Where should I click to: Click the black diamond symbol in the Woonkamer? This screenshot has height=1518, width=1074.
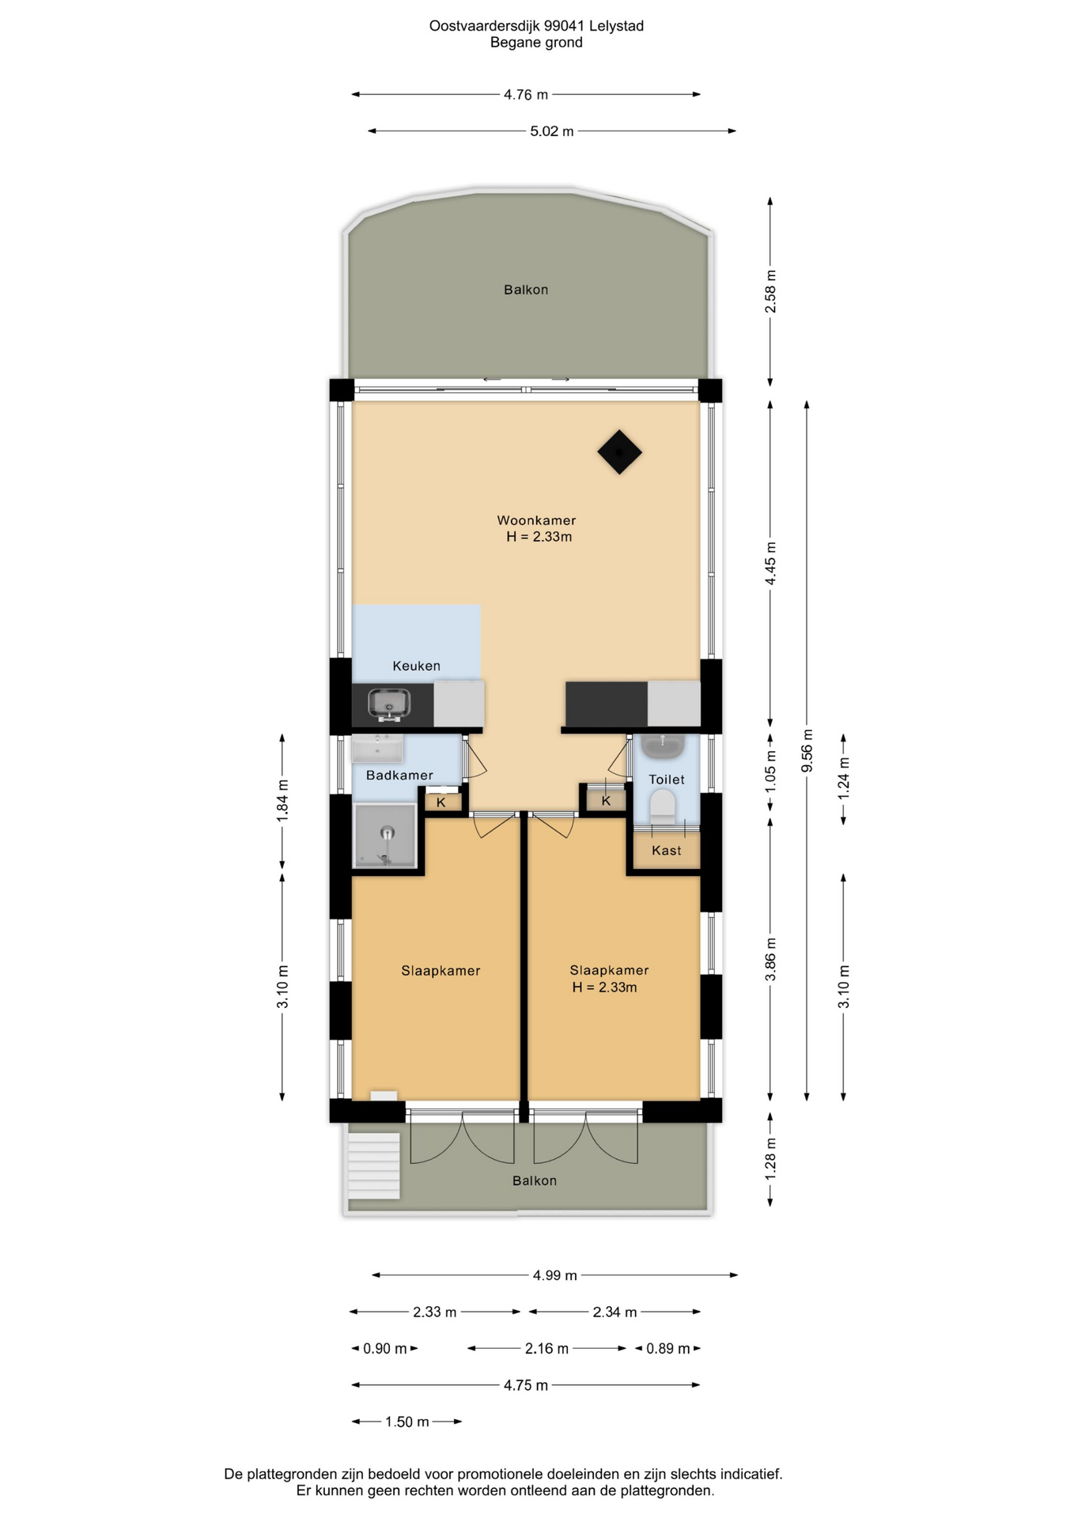(619, 452)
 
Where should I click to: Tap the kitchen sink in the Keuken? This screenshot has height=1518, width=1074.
(389, 703)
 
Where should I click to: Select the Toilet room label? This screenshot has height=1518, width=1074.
(667, 780)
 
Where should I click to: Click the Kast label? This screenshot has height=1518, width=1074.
(667, 851)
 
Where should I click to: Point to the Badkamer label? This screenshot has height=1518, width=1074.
(399, 776)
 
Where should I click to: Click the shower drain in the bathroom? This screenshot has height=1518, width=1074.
(387, 833)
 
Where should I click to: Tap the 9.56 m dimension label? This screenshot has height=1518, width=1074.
(807, 751)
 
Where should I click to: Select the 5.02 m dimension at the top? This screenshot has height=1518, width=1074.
(552, 131)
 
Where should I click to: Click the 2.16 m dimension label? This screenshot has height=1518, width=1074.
(546, 1349)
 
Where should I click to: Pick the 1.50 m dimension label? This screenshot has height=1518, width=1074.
(407, 1422)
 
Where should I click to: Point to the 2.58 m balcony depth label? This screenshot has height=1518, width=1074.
(770, 292)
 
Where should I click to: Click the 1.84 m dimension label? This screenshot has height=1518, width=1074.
(282, 801)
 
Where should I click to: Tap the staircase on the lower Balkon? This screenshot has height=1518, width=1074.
(374, 1166)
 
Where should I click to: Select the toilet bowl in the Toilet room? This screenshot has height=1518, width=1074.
(662, 806)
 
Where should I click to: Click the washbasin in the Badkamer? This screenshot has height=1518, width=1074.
(377, 748)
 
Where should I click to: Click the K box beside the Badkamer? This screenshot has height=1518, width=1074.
(441, 802)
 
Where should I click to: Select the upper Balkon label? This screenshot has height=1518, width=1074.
(526, 290)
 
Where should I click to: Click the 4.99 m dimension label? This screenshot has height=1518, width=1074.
(555, 1275)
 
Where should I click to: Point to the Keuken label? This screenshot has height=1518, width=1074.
(417, 666)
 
